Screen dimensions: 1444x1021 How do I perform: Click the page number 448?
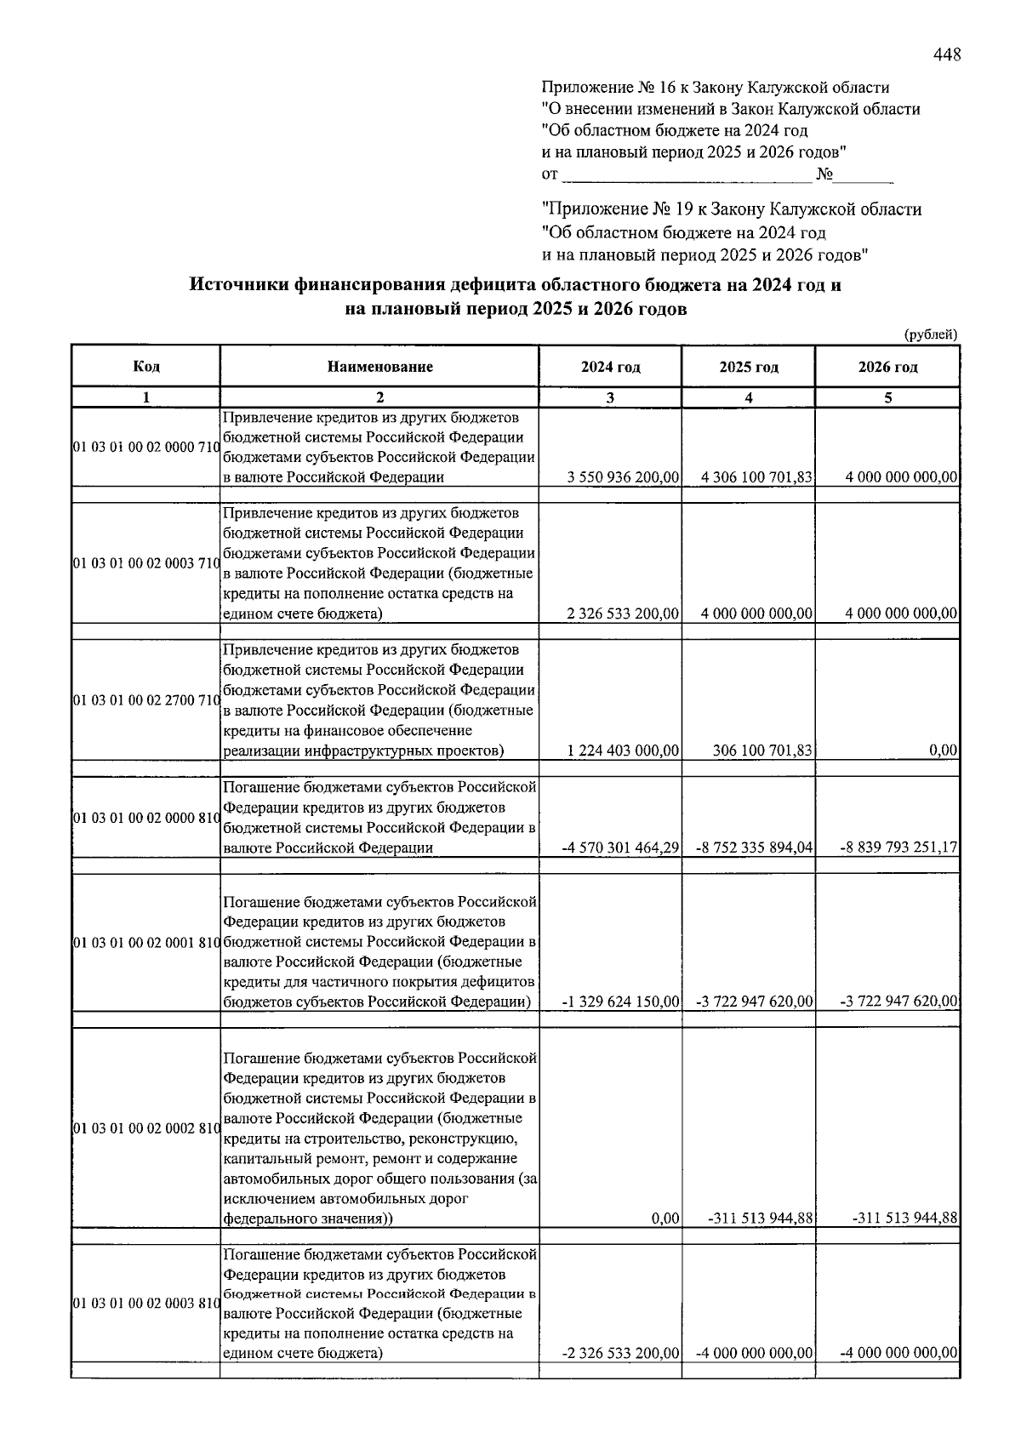(x=947, y=55)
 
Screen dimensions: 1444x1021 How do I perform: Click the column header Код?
(x=146, y=367)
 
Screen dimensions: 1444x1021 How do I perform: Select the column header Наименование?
(x=379, y=367)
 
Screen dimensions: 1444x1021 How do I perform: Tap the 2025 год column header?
(x=749, y=367)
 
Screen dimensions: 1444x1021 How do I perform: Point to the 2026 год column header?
(x=887, y=367)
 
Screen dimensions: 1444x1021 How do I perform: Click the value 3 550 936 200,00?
(x=623, y=477)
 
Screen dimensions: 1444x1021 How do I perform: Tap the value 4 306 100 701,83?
(x=756, y=477)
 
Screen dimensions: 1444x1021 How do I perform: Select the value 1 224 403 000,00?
(x=623, y=751)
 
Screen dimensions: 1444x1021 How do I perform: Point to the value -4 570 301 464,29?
(x=620, y=848)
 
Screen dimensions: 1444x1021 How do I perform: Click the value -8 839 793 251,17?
(x=898, y=848)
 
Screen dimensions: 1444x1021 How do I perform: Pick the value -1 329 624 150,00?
(x=620, y=1001)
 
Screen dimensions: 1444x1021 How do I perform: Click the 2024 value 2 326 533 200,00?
(x=623, y=614)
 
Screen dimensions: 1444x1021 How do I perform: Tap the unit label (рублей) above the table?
(x=930, y=334)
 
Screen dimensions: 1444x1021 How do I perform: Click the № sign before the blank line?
(x=824, y=174)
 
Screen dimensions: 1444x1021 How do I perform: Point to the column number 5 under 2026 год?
(x=887, y=397)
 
